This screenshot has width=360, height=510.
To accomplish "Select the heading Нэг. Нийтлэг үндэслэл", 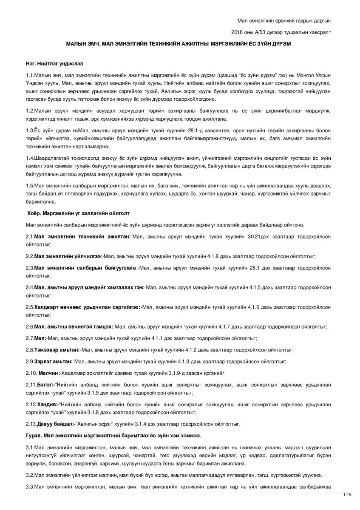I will (x=54, y=63).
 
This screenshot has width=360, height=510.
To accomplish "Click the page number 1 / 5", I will (x=347, y=494).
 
